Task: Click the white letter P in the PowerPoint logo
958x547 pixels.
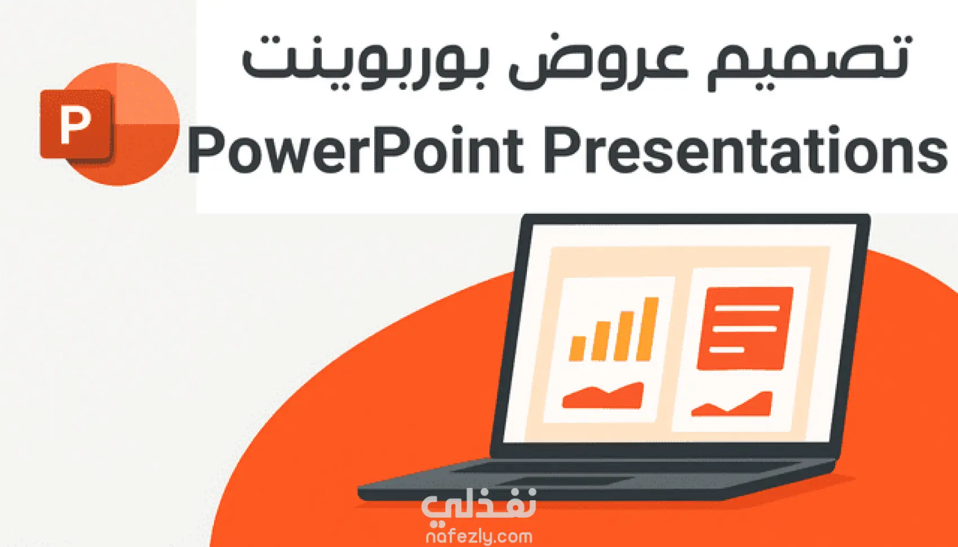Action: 76,125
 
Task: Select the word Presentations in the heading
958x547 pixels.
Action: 745,150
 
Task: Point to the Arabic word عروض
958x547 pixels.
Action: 598,64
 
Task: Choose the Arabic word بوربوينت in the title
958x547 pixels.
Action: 363,62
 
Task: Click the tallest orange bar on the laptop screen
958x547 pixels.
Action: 647,329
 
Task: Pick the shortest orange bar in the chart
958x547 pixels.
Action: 578,348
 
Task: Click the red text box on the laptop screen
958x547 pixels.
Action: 744,328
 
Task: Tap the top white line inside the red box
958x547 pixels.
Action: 747,308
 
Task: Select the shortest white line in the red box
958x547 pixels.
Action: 726,350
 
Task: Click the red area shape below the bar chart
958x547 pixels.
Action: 602,395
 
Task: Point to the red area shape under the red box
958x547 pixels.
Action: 732,404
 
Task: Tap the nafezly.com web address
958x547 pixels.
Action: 479,536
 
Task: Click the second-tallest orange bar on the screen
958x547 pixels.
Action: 624,336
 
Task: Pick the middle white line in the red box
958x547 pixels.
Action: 744,329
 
